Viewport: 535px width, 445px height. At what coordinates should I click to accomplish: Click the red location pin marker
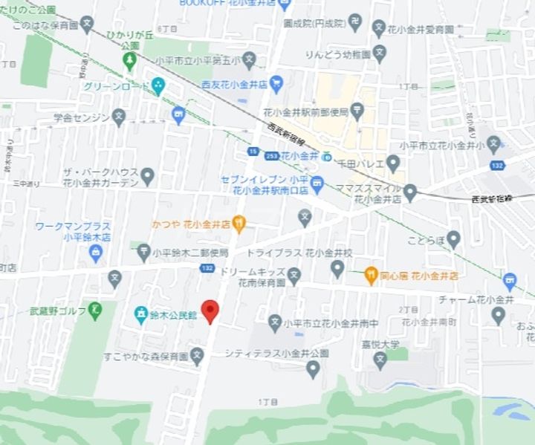210,311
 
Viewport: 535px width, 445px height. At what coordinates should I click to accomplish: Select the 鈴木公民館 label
172,315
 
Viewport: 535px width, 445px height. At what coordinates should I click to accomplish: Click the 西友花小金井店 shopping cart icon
276,83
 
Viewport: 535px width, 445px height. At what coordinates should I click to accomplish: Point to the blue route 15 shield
253,152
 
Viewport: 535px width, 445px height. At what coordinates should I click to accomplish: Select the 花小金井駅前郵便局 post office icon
358,112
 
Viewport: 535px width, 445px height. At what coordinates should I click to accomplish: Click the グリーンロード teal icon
158,85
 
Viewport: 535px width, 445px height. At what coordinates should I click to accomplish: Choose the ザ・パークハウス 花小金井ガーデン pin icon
147,176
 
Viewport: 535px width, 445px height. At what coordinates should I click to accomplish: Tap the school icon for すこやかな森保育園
197,357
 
